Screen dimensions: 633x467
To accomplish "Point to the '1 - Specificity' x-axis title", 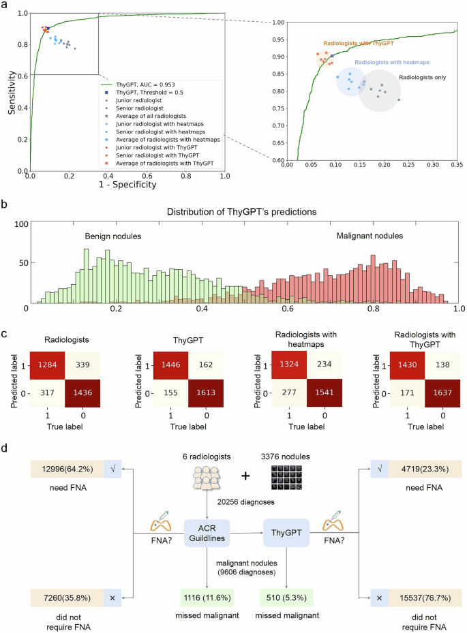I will [128, 185].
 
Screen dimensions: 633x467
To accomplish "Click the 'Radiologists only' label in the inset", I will [422, 77].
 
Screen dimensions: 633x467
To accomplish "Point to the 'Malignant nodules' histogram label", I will [371, 236].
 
